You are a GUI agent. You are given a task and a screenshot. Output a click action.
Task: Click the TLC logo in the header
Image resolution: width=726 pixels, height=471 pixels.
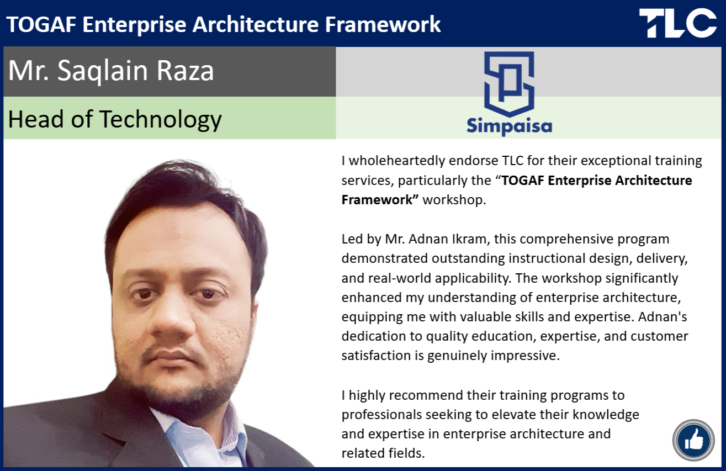click(678, 23)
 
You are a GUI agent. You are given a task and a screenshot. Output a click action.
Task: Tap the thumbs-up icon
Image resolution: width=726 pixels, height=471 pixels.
click(693, 440)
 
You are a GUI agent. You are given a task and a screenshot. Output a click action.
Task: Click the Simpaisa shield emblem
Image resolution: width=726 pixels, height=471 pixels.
click(509, 84)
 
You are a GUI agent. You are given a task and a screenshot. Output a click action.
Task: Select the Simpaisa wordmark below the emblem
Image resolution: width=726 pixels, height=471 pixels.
click(509, 126)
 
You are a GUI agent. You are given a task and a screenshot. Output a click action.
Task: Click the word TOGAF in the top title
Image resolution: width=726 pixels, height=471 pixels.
click(41, 25)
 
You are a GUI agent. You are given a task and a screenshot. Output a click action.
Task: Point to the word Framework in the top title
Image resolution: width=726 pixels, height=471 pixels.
click(383, 25)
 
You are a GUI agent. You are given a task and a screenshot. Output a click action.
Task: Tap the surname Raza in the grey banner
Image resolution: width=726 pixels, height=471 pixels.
click(185, 70)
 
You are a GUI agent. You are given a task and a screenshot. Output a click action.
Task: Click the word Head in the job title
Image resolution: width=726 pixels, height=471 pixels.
click(35, 119)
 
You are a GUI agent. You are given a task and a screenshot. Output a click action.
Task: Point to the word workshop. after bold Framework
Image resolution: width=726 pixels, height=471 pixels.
click(454, 200)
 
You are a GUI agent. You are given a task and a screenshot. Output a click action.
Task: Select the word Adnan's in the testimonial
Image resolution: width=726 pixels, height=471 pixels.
click(663, 317)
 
